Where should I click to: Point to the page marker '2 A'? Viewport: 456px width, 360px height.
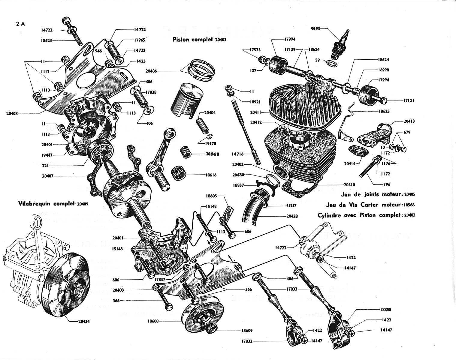pyautogui.click(x=21, y=24)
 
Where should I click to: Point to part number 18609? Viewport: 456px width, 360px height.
pyautogui.click(x=246, y=331)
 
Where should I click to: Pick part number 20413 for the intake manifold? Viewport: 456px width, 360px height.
pyautogui.click(x=409, y=121)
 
